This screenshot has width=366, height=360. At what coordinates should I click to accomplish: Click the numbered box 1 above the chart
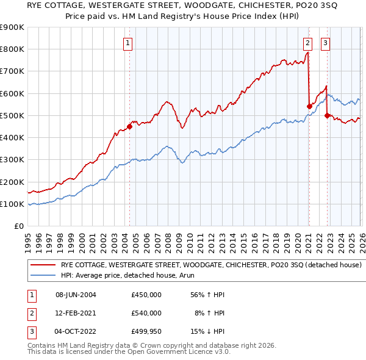(x=128, y=43)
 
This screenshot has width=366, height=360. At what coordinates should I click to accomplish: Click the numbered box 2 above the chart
(x=307, y=43)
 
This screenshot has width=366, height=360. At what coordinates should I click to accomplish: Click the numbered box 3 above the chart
(x=326, y=43)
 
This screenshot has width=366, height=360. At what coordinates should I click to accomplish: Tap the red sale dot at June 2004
(x=129, y=127)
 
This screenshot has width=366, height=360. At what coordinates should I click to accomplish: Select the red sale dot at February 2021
(x=309, y=107)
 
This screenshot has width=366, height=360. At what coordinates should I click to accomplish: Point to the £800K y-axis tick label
(x=12, y=49)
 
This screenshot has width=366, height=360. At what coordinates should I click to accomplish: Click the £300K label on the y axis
(x=12, y=160)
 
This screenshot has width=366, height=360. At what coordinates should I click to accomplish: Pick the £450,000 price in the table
(x=146, y=294)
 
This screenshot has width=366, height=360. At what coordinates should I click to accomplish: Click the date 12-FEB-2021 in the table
(x=76, y=313)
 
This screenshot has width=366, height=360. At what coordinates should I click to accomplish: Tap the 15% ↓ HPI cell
(x=209, y=332)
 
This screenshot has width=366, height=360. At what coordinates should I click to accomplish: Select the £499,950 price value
(x=146, y=332)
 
